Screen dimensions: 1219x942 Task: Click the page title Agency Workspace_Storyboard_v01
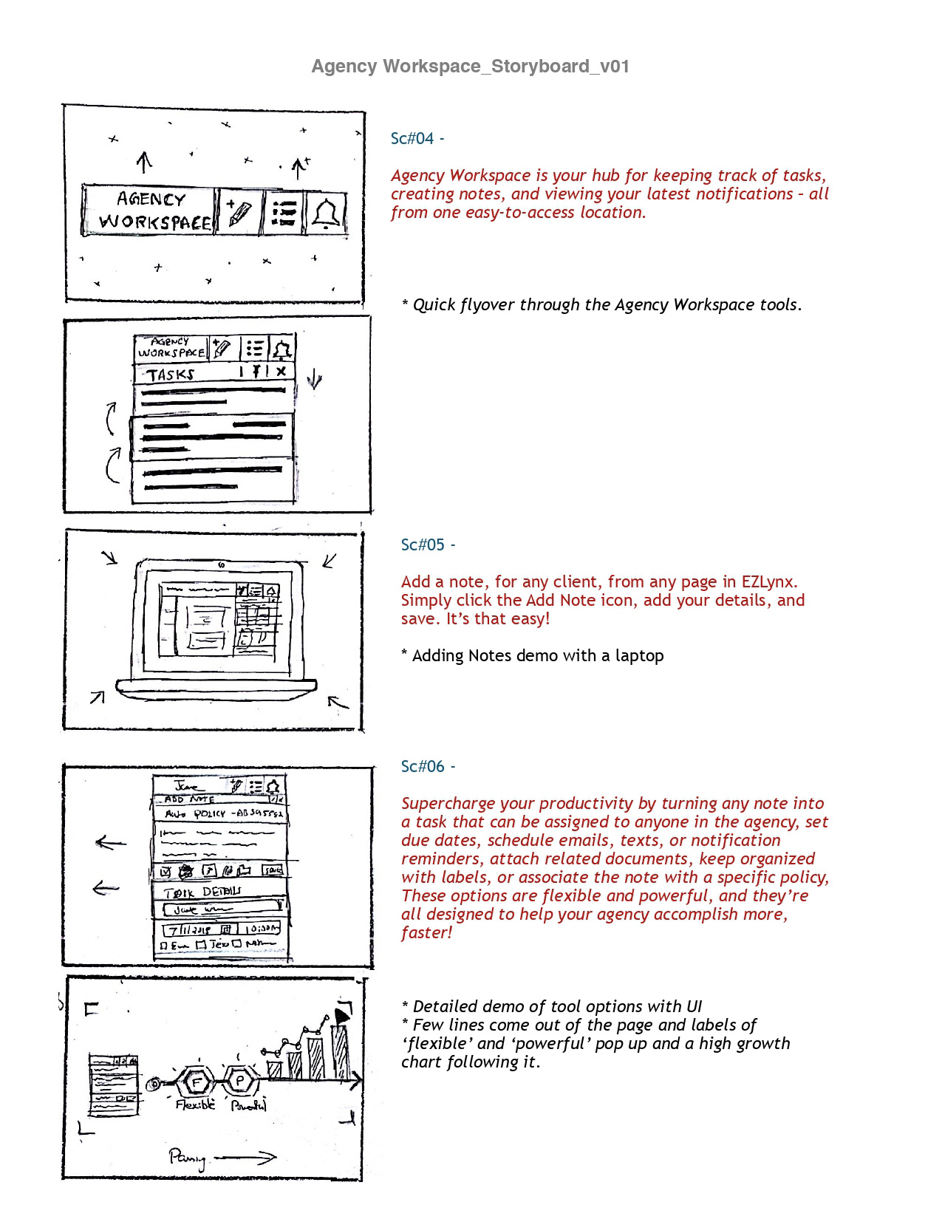pyautogui.click(x=470, y=66)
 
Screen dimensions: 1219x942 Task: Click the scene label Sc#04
pyautogui.click(x=412, y=139)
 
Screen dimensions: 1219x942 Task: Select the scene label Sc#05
pyautogui.click(x=423, y=545)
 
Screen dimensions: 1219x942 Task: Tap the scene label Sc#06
pyautogui.click(x=423, y=767)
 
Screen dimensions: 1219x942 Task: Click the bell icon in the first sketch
pyautogui.click(x=326, y=213)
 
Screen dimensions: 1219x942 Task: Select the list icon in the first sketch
pyautogui.click(x=284, y=213)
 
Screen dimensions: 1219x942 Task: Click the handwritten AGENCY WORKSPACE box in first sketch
pyautogui.click(x=151, y=211)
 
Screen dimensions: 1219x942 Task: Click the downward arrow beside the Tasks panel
pyautogui.click(x=315, y=380)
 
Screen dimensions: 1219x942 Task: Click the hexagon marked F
pyautogui.click(x=197, y=1082)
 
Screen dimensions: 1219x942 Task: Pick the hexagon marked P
pyautogui.click(x=240, y=1081)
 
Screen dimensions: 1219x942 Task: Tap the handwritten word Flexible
pyautogui.click(x=196, y=1104)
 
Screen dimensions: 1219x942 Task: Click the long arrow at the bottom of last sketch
pyautogui.click(x=245, y=1158)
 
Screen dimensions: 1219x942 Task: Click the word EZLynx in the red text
pyautogui.click(x=769, y=582)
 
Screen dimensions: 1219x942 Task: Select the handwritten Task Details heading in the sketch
pyautogui.click(x=202, y=892)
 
